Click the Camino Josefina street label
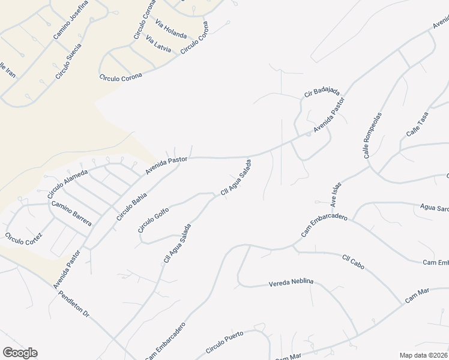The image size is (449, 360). click(71, 20)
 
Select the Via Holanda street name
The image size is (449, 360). click(170, 29)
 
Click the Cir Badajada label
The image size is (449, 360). click(322, 92)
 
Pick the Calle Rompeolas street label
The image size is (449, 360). click(372, 136)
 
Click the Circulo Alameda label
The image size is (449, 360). click(68, 184)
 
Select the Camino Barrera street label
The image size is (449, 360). click(71, 213)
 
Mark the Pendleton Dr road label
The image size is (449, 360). click(74, 306)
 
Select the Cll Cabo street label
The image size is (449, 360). click(354, 262)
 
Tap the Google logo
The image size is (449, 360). click(20, 353)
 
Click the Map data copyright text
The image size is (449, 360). click(424, 355)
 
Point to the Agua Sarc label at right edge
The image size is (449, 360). click(434, 208)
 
